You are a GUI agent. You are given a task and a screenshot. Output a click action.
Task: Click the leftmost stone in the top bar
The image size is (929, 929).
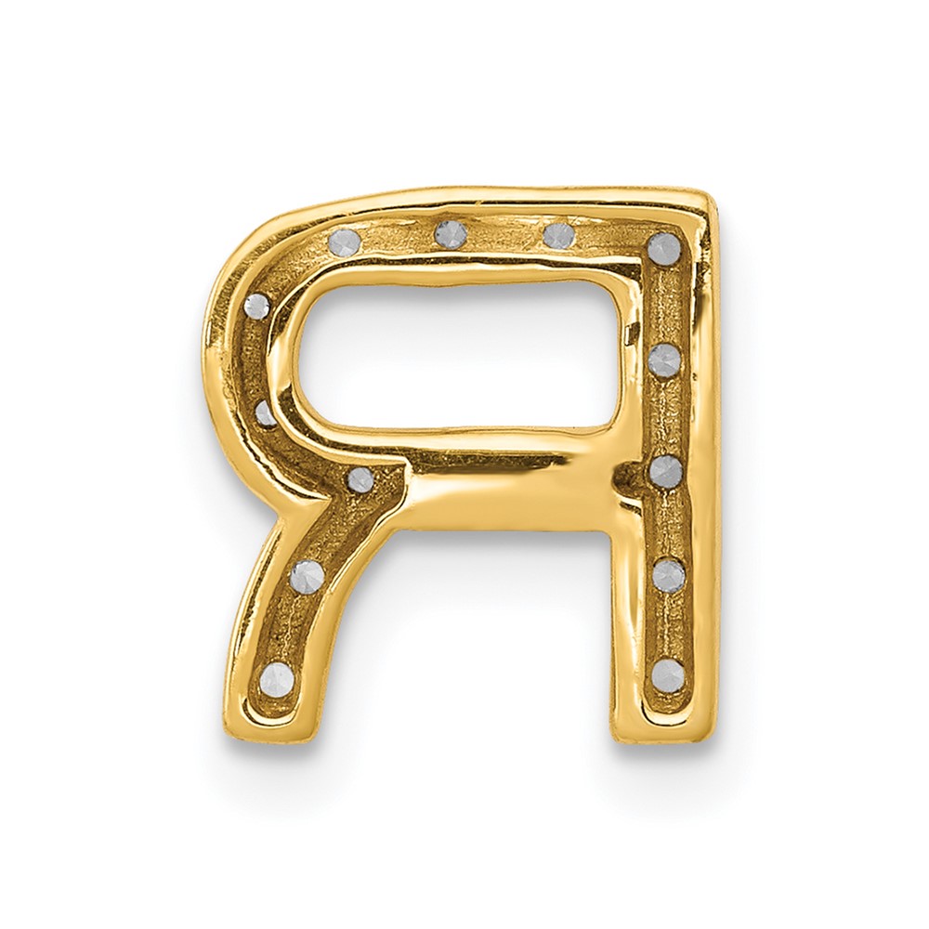(345, 242)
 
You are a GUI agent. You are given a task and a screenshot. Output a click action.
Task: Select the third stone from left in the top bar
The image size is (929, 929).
(559, 235)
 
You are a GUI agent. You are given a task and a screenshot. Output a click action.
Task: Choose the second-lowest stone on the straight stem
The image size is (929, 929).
(669, 574)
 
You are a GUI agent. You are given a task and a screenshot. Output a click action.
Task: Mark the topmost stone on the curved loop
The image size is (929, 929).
(256, 307)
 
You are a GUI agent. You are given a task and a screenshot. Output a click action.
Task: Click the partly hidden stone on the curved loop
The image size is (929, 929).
(265, 413)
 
